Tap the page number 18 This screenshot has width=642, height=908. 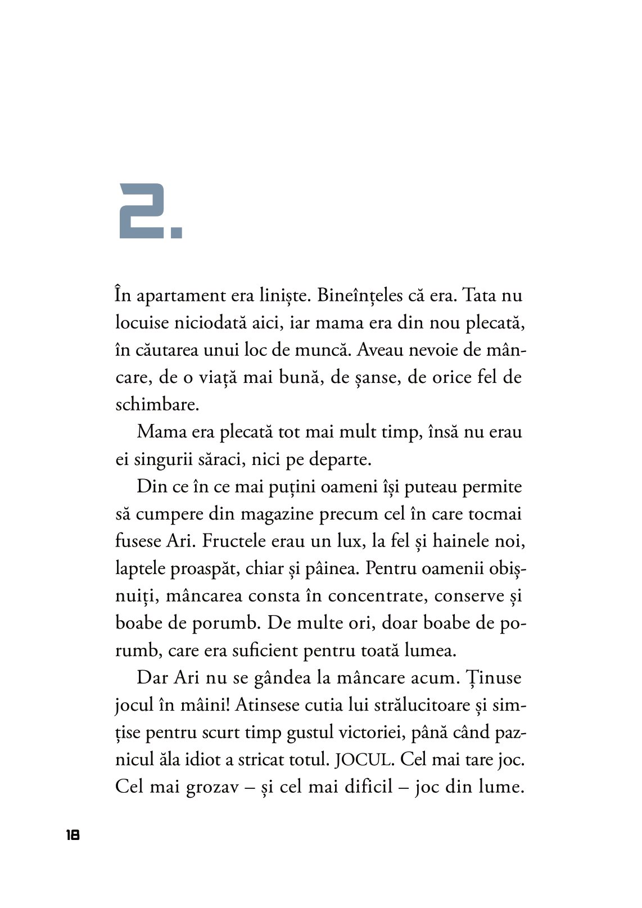point(73,835)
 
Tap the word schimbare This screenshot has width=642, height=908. point(157,405)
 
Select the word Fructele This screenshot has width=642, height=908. point(236,541)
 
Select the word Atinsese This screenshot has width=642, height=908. point(267,705)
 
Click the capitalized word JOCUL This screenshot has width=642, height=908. point(364,760)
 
